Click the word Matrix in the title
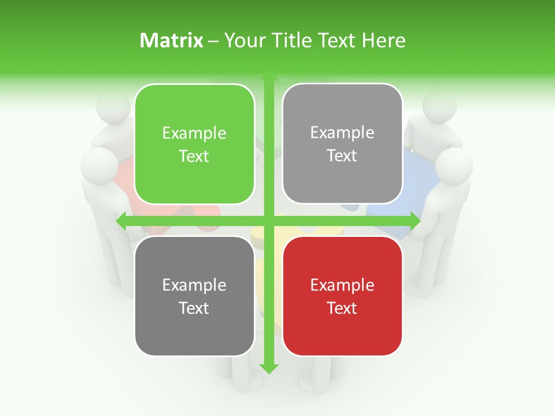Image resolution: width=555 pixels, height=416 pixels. (172, 40)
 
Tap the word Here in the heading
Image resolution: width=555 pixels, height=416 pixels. (383, 40)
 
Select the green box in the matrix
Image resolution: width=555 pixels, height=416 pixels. (194, 144)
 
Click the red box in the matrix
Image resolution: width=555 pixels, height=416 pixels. (342, 296)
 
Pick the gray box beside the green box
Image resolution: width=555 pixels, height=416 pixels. (342, 144)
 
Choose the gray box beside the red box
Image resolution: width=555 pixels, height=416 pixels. (194, 296)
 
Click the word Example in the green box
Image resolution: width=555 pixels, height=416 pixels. (194, 133)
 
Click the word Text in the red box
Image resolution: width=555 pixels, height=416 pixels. (342, 308)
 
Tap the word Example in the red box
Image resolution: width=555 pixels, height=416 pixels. (342, 285)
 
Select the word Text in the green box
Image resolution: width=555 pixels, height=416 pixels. (194, 157)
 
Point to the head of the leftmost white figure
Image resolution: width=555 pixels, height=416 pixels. (99, 166)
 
